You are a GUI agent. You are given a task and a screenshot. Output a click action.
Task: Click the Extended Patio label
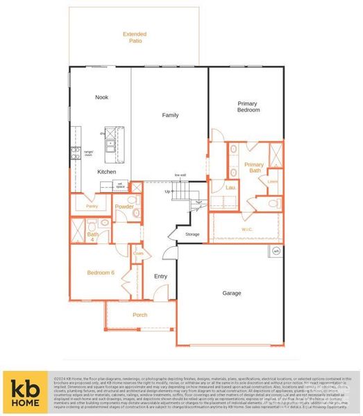pos(135,37)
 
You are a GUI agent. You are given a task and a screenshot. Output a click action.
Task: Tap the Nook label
pos(102,98)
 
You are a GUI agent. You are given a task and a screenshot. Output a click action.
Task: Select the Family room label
pos(170,114)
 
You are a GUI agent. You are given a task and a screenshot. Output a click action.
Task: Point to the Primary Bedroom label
pos(248,107)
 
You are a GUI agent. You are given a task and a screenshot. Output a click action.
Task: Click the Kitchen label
pos(106,171)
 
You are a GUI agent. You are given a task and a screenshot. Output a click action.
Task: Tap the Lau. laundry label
pos(232,187)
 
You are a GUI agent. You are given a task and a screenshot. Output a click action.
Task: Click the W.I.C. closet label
pos(247,229)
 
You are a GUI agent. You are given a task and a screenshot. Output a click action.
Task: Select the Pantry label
pos(92,206)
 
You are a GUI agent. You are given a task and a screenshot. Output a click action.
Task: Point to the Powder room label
pos(124,207)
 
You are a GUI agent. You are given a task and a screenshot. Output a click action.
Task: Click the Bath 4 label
pos(92,236)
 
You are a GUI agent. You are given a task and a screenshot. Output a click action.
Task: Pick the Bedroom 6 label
pos(101,272)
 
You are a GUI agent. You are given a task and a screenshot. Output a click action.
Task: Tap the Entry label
pos(161,276)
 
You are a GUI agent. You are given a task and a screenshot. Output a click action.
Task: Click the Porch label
pos(140,315)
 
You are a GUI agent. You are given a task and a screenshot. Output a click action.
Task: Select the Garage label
pos(232,293)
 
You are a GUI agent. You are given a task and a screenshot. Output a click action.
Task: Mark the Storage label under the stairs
pos(192,234)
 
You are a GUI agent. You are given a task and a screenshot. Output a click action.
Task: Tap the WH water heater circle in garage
pos(276,251)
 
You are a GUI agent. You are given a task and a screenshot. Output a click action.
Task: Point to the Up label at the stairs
pos(167,191)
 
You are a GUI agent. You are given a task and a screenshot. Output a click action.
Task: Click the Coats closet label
pos(138,253)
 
